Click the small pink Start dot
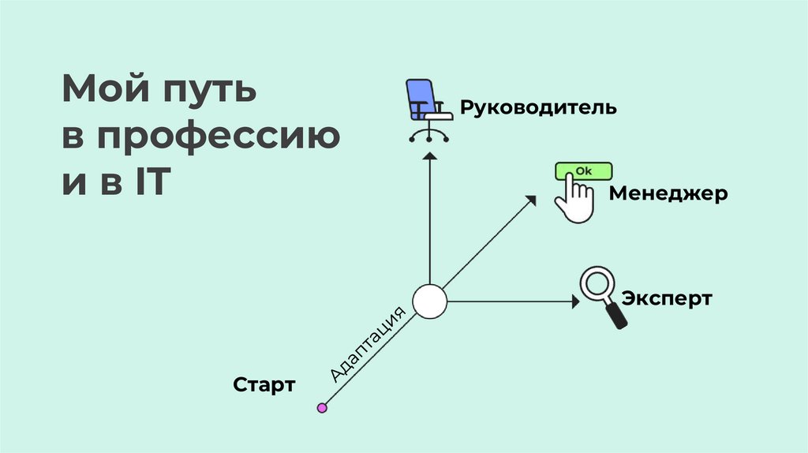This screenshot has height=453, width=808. pos(322,408)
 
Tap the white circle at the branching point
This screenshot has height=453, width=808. pos(430,301)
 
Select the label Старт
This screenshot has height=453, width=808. pos(264,385)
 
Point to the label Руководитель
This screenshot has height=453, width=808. pos(538,107)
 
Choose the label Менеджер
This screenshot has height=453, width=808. pos(668,193)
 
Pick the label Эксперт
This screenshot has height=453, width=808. pos(667,299)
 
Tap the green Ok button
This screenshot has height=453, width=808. pos(583,170)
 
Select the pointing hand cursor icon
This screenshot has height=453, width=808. pos(574,202)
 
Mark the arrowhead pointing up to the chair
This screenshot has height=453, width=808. pos(430,157)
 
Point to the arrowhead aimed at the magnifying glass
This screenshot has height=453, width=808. pos(574,301)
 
